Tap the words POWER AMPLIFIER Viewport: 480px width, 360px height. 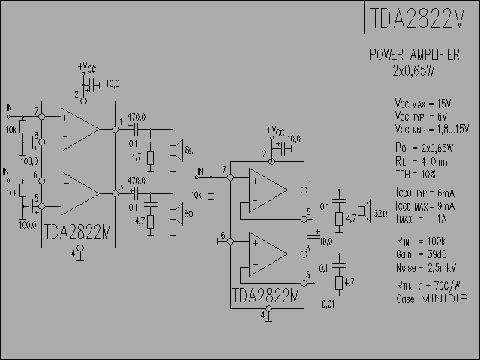(x=414, y=55)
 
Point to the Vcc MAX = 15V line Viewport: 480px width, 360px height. (x=422, y=103)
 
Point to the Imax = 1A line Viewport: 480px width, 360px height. (x=421, y=218)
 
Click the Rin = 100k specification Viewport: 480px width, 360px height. (x=421, y=241)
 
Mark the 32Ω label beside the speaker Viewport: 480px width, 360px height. (x=380, y=212)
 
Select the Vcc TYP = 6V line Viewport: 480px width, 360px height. (x=421, y=116)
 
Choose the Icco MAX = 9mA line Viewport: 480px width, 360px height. (x=424, y=205)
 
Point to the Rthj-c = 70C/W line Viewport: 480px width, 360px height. (x=427, y=286)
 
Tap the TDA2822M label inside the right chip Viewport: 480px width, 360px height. (x=266, y=296)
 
